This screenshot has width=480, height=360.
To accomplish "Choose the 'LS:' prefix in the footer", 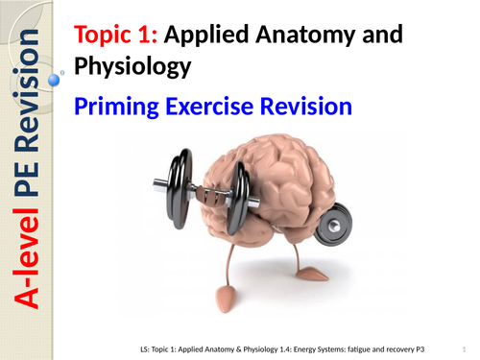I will click(144, 348).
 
